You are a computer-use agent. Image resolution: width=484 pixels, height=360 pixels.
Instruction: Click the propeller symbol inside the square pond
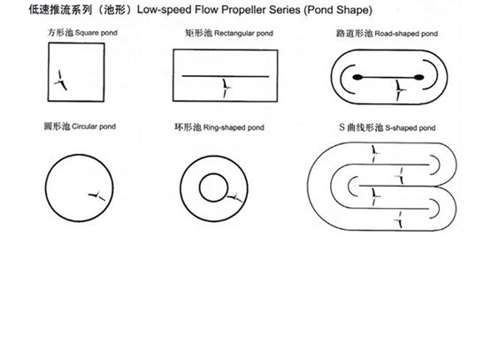[x=60, y=81]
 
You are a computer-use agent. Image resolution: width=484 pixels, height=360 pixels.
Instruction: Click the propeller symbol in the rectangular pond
[x=227, y=87]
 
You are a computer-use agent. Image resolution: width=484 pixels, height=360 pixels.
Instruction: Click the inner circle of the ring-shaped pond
[x=212, y=187]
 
